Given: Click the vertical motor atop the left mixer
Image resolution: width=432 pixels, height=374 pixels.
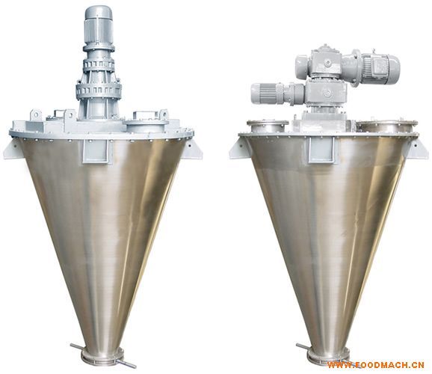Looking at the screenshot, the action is coord(98,26).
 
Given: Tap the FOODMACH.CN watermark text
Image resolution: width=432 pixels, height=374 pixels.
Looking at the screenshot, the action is coord(375,365).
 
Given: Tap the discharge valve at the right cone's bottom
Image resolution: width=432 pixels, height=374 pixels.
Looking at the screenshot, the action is coord(328,356).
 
